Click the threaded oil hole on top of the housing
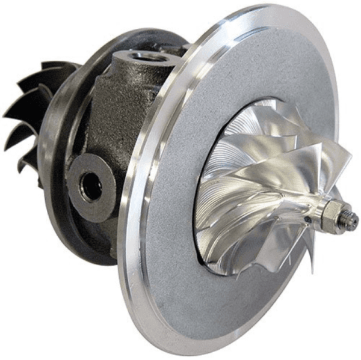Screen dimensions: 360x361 coord(144,56)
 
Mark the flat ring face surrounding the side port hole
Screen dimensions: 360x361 coord(78,174)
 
